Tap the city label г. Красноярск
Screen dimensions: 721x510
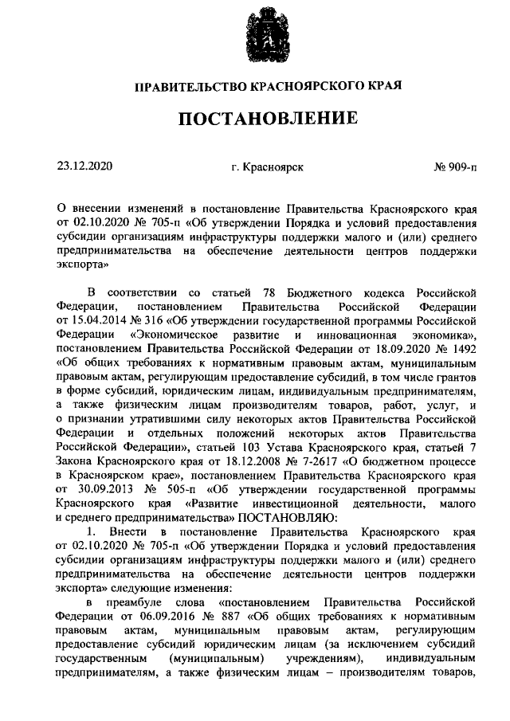click(267, 168)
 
